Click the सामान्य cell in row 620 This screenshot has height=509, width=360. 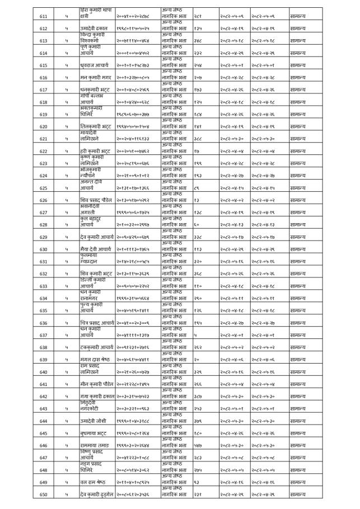pyautogui.click(x=301, y=127)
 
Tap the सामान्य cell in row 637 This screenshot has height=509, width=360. pyautogui.click(x=301, y=335)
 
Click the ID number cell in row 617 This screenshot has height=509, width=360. pyautogui.click(x=133, y=90)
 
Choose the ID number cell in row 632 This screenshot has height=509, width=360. pyautogui.click(x=133, y=274)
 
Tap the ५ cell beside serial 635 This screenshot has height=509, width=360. pyautogui.click(x=66, y=310)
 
